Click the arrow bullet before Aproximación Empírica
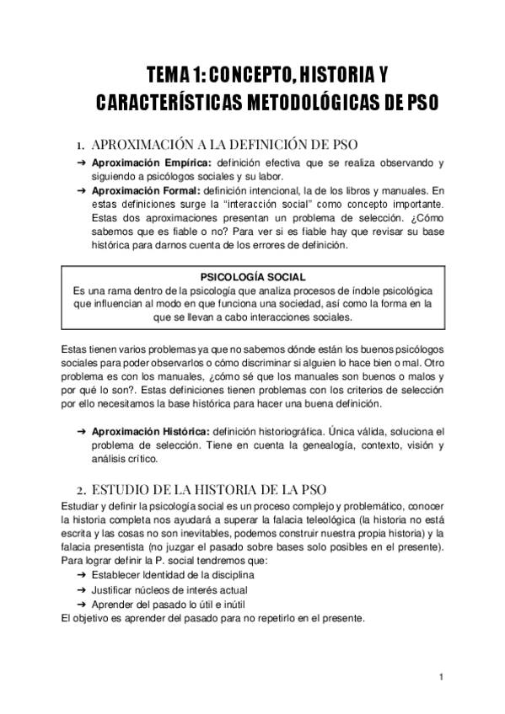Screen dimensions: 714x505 (79, 162)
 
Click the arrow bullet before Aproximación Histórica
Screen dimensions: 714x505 (79, 430)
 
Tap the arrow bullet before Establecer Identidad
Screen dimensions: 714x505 (79, 574)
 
